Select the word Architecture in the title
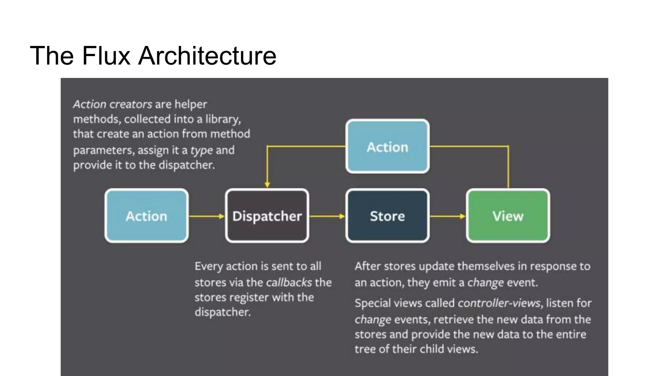(207, 56)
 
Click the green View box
(508, 216)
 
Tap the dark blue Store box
(387, 216)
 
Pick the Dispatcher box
(267, 216)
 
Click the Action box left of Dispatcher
(146, 216)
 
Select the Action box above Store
(387, 147)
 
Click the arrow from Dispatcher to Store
(327, 216)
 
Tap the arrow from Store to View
(448, 216)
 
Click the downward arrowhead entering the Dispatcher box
(267, 185)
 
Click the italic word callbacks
(289, 282)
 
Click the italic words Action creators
(112, 104)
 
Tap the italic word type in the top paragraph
(201, 150)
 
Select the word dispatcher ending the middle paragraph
(222, 312)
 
